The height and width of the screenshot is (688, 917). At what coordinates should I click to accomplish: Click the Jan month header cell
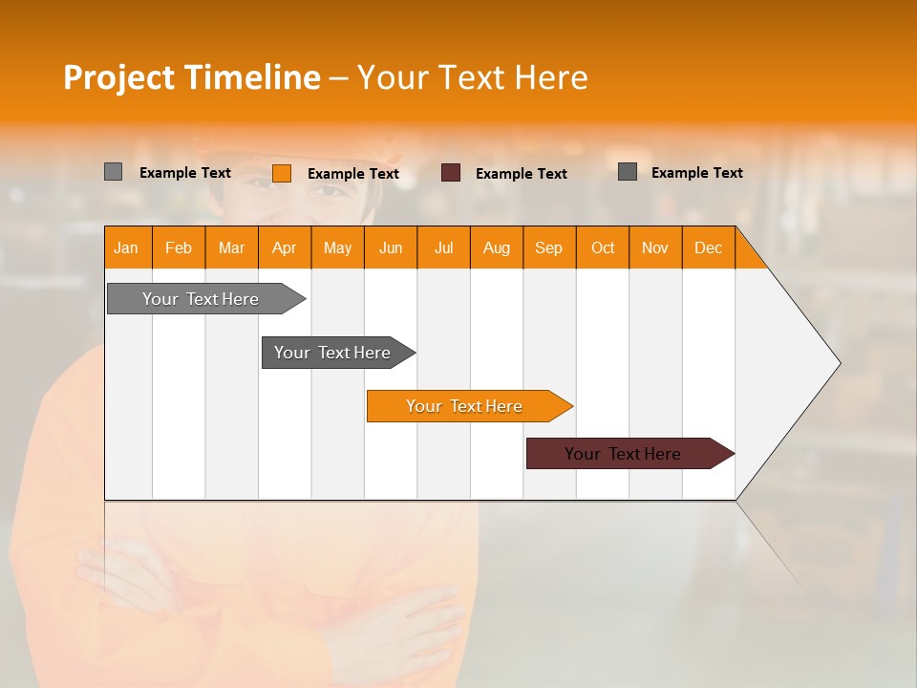tap(127, 247)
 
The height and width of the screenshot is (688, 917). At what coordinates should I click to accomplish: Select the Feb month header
tap(179, 247)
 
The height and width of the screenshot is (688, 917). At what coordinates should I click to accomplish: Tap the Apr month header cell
tap(285, 247)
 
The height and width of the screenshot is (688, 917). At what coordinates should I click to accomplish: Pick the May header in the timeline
tap(337, 247)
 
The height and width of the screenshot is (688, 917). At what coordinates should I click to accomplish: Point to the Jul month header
tap(443, 247)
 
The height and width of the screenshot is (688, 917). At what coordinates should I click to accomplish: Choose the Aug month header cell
tap(497, 247)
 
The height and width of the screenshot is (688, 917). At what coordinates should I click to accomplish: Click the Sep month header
tap(549, 247)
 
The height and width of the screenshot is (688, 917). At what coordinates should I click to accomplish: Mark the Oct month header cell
tap(603, 247)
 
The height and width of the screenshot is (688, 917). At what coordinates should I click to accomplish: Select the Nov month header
tap(655, 247)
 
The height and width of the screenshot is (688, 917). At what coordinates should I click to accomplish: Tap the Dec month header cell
tap(709, 247)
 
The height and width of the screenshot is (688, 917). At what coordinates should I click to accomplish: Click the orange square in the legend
tap(282, 173)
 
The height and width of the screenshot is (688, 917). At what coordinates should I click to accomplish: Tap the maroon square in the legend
tap(451, 173)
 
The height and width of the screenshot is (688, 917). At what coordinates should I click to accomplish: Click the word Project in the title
tap(119, 77)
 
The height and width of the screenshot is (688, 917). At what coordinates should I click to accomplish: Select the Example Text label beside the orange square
tap(353, 174)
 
